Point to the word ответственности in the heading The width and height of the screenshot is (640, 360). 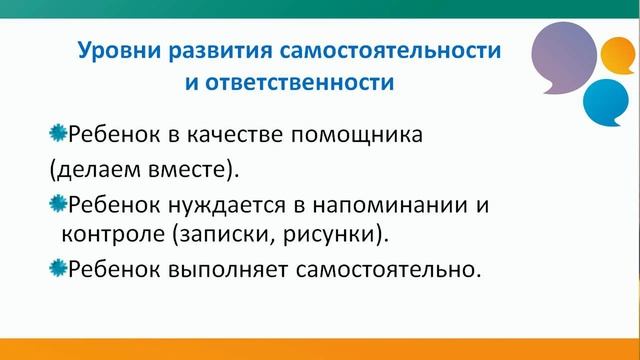[300, 82]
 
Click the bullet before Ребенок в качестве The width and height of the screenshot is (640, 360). [57, 133]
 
